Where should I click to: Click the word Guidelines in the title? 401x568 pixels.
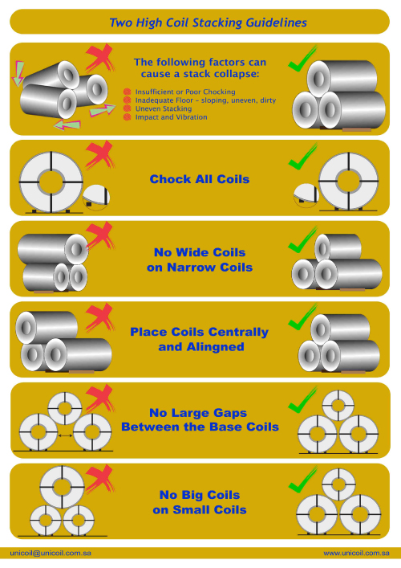(x=276, y=22)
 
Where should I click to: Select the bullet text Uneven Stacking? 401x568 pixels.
(x=164, y=108)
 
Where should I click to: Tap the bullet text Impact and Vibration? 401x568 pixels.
(x=171, y=117)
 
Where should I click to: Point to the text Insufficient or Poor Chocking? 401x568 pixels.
(x=185, y=92)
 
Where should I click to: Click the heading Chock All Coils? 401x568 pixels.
(x=200, y=179)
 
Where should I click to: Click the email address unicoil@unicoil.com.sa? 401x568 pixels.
(x=51, y=554)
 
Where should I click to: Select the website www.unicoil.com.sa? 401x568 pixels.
(x=356, y=554)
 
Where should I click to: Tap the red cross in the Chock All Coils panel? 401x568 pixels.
(x=99, y=155)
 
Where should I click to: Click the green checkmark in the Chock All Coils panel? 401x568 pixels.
(x=302, y=157)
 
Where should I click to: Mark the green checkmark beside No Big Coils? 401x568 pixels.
(x=302, y=480)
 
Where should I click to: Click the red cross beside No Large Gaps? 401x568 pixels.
(x=99, y=398)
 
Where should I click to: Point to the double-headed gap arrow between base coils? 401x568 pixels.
(x=65, y=435)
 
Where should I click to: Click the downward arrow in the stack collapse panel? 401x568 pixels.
(x=18, y=73)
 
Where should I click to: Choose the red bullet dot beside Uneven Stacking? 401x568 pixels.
(x=127, y=108)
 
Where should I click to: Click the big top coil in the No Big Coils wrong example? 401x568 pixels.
(x=62, y=487)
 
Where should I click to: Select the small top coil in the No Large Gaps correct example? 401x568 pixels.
(x=338, y=406)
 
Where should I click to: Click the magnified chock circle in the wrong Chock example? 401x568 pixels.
(x=95, y=198)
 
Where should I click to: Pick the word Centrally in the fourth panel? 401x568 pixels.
(x=238, y=332)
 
